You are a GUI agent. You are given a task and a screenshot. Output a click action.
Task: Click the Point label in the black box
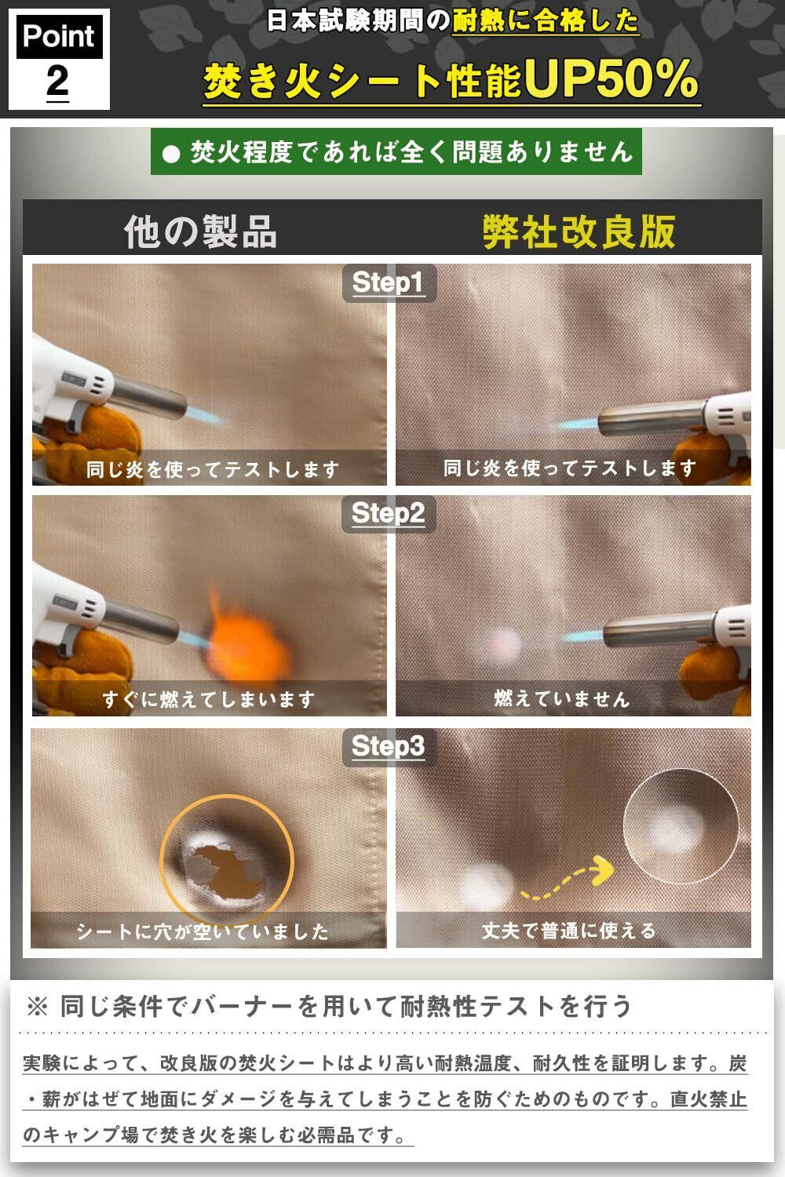pos(59,36)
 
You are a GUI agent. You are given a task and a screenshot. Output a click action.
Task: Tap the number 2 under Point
pos(57,82)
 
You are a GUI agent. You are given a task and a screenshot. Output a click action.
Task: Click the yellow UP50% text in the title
pos(611,78)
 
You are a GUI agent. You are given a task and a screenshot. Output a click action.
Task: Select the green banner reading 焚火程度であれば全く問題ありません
pos(396,151)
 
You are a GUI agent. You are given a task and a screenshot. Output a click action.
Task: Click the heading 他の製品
pos(200,231)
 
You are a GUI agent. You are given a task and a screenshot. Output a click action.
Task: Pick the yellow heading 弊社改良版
pos(579,231)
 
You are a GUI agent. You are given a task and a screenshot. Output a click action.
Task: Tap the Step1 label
pos(388,282)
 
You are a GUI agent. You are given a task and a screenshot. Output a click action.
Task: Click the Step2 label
pos(388,513)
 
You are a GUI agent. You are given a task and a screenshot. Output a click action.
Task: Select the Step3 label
pos(388,745)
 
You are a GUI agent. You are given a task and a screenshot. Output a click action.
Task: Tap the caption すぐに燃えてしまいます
pos(209,699)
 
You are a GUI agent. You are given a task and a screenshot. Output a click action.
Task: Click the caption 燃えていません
pos(561,699)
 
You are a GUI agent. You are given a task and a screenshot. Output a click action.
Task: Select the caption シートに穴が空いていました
pos(203,931)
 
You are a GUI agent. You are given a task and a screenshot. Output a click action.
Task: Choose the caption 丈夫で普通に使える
pos(569,931)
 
